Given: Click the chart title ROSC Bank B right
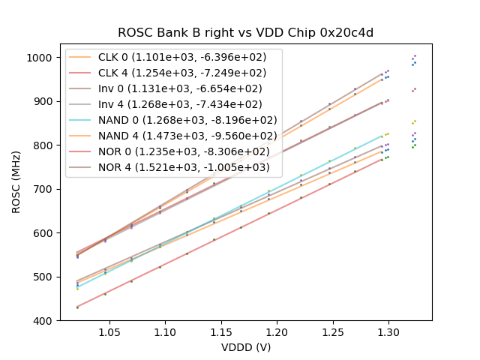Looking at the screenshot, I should click(x=245, y=33).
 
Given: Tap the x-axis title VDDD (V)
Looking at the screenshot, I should click(x=245, y=348).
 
